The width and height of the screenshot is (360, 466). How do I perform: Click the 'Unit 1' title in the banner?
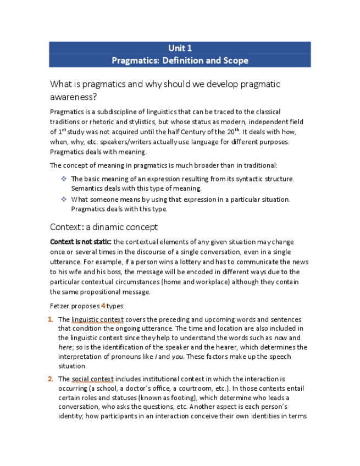tap(180, 48)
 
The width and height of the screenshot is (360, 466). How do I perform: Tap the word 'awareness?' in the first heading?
tap(74, 97)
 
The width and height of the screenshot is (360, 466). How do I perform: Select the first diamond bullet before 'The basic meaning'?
tap(64, 179)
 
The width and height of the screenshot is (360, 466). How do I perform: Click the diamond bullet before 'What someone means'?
tap(64, 199)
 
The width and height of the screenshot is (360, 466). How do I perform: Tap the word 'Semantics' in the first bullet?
tap(88, 188)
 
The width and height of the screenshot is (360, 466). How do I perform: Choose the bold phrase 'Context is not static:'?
tap(80, 242)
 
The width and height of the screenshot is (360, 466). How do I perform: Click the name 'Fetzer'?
tap(60, 306)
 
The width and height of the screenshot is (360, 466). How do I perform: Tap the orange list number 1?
tap(51, 319)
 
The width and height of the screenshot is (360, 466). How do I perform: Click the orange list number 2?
tap(51, 379)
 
